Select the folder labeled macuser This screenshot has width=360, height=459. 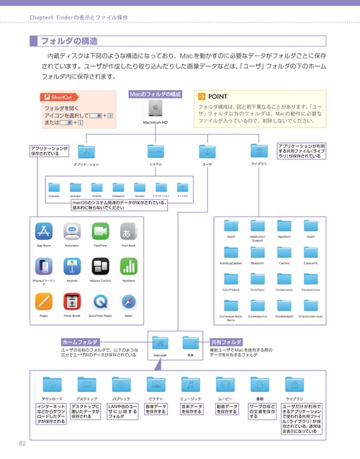coord(161,342)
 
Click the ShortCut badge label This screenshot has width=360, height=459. coord(60,97)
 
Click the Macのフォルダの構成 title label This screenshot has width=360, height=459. coord(156,94)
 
